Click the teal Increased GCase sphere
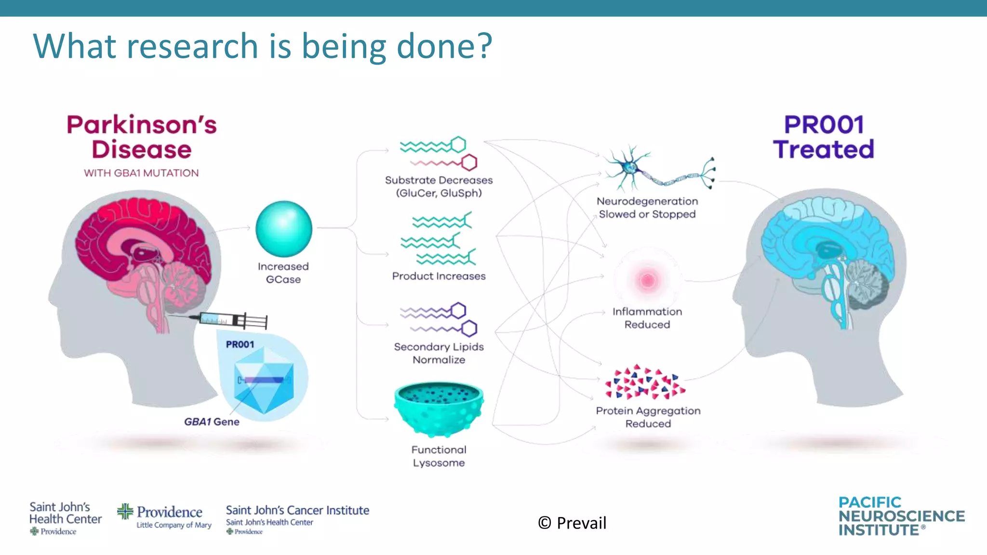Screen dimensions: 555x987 click(x=284, y=229)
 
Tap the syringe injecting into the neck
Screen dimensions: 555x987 click(x=234, y=319)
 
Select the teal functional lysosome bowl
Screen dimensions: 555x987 click(x=439, y=407)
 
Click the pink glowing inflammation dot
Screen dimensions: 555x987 click(x=647, y=280)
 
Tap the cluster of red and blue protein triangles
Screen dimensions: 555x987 click(x=645, y=383)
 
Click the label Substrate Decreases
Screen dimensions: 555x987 click(x=439, y=180)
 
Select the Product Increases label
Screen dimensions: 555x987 click(x=439, y=276)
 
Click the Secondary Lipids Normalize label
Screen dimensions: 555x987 click(x=439, y=353)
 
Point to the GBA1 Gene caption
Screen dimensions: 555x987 click(x=212, y=422)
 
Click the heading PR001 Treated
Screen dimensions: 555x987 click(x=824, y=137)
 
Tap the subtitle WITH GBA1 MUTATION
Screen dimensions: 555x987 click(x=141, y=173)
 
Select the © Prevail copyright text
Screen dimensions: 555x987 click(x=572, y=523)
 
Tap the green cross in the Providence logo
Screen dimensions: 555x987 click(x=125, y=511)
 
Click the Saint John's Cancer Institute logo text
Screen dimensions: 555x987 click(x=297, y=510)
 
